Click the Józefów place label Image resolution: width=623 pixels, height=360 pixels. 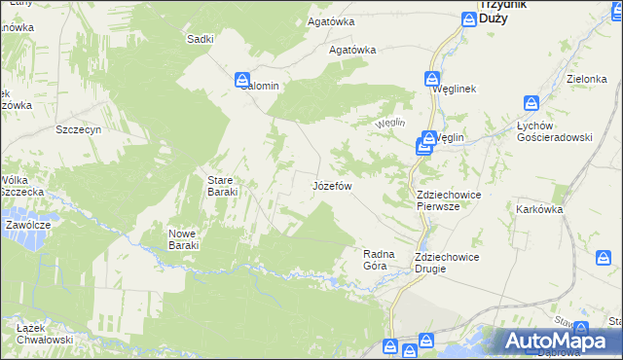[x=331, y=185]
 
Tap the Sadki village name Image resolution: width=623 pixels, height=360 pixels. [x=201, y=39]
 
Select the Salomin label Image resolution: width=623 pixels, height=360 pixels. [x=255, y=86]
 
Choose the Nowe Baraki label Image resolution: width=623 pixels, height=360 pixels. [x=183, y=239]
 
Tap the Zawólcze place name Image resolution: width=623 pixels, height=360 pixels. [x=27, y=224]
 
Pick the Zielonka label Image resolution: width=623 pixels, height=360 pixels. [x=587, y=79]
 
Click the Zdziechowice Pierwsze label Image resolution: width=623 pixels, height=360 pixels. [x=448, y=200]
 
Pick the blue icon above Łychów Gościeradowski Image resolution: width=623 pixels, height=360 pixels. [x=531, y=103]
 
